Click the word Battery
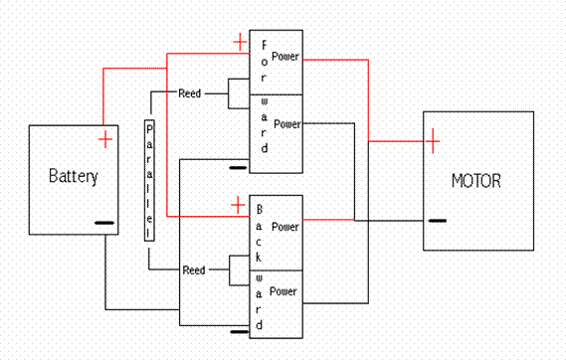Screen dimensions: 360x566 click(74, 177)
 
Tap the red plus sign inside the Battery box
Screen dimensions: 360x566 click(104, 139)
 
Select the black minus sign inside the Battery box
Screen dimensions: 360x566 click(103, 224)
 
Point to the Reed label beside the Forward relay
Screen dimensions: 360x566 click(190, 93)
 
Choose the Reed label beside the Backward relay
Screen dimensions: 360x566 click(193, 270)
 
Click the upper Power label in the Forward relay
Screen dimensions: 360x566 click(285, 58)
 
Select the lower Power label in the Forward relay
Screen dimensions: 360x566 click(285, 124)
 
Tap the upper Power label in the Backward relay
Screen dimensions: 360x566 click(285, 227)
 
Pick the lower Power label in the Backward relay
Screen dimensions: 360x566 click(285, 292)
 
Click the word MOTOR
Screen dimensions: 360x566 click(475, 182)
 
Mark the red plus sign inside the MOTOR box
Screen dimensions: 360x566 click(433, 143)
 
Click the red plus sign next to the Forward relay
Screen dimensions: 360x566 click(239, 41)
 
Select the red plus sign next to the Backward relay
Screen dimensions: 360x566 click(238, 205)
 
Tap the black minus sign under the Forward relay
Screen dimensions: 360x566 click(238, 168)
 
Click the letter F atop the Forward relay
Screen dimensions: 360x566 click(264, 45)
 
